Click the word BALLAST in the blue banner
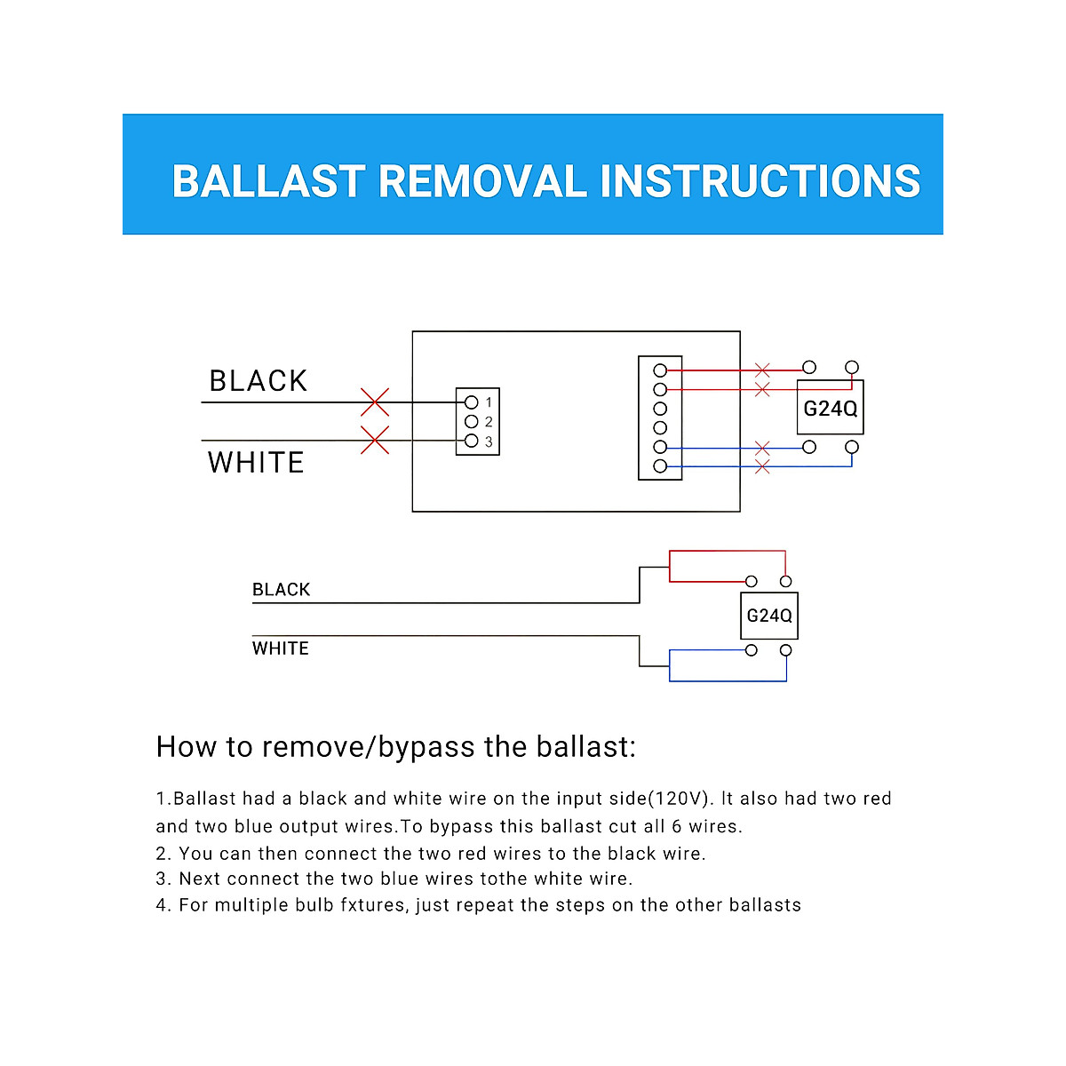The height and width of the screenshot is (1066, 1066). (x=269, y=181)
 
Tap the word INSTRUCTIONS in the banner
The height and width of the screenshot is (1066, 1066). (x=760, y=181)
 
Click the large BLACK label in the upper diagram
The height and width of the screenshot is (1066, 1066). (x=259, y=380)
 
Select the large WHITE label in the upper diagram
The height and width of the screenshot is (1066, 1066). (x=256, y=462)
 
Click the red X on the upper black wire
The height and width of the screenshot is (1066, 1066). (x=375, y=402)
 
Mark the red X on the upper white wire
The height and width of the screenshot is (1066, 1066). (x=375, y=441)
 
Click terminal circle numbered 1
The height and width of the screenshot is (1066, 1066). (x=472, y=402)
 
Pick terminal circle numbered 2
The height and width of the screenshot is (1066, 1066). (x=472, y=422)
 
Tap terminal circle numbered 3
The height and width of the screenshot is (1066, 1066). (x=472, y=441)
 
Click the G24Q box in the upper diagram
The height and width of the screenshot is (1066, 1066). (x=830, y=407)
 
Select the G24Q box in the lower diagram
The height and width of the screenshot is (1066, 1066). (x=769, y=616)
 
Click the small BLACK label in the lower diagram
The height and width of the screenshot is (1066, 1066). (x=281, y=590)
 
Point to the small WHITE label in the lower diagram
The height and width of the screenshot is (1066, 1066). (x=281, y=648)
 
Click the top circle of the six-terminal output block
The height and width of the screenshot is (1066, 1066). (x=660, y=370)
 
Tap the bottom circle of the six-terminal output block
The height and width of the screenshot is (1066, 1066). (x=660, y=466)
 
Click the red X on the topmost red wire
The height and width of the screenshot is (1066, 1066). (x=762, y=370)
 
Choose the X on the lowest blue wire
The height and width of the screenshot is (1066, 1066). (x=762, y=467)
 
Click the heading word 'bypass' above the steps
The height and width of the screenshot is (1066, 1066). (x=426, y=747)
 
